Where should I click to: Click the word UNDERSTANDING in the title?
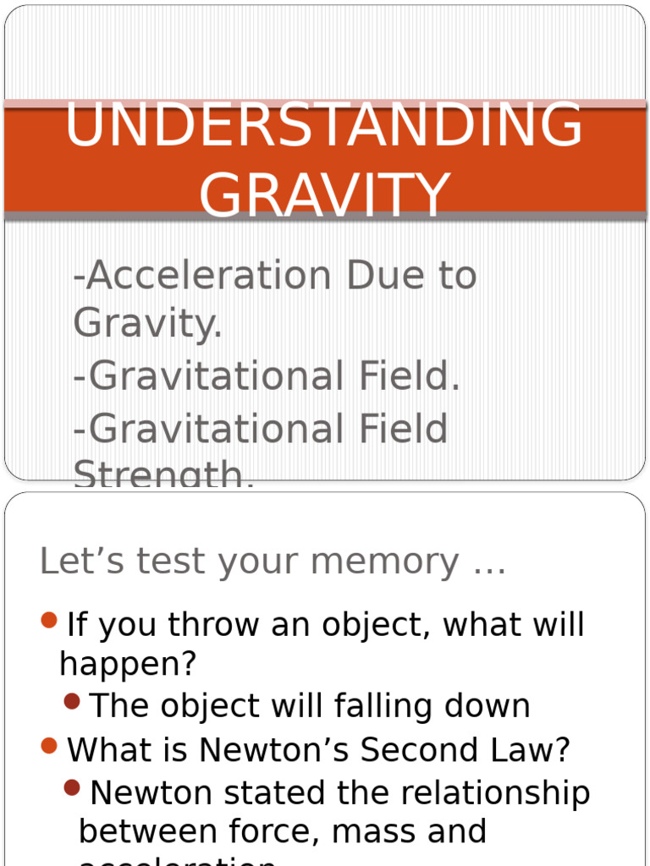point(323,125)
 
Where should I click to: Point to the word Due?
point(386,276)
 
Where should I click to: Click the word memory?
point(396,562)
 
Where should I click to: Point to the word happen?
point(128,665)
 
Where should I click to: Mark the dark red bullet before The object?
point(72,701)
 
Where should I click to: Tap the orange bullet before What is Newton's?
point(49,746)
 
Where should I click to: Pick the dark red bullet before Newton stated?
point(72,789)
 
